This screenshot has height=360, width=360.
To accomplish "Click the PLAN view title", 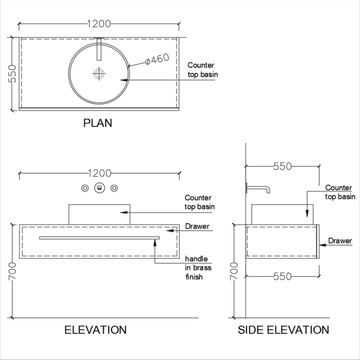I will tap(98, 123).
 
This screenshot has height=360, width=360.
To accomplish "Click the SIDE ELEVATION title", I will tap(283, 330).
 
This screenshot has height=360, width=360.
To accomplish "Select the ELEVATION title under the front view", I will tap(95, 330).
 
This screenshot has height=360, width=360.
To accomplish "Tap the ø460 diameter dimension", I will tap(157, 60).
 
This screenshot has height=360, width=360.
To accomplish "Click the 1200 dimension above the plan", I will tap(99, 24).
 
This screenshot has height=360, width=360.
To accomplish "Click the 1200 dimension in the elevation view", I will tap(99, 173).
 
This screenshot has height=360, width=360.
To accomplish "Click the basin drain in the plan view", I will tap(99, 74).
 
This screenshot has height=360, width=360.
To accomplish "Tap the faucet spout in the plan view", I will tap(99, 49).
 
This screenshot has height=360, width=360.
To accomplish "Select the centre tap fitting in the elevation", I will tap(100, 188).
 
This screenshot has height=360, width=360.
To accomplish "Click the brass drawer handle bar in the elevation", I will tap(99, 238).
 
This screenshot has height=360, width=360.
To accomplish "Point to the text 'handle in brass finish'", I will tap(198, 268).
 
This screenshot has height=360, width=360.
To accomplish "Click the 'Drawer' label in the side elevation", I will tap(340, 241).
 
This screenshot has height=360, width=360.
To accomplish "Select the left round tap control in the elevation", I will tap(85, 188).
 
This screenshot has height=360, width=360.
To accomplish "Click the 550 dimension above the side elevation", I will tap(282, 166).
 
